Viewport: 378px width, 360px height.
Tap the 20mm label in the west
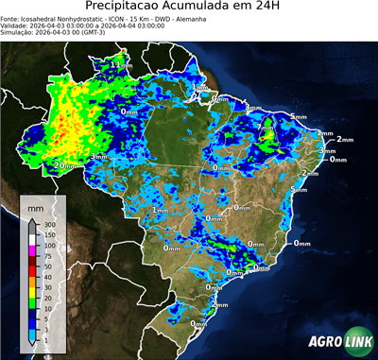tap(65, 165)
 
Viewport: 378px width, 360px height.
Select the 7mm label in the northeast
tap(266, 127)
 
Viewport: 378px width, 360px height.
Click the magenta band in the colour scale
tap(33, 250)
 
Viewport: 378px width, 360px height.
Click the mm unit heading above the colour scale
tap(35, 206)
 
